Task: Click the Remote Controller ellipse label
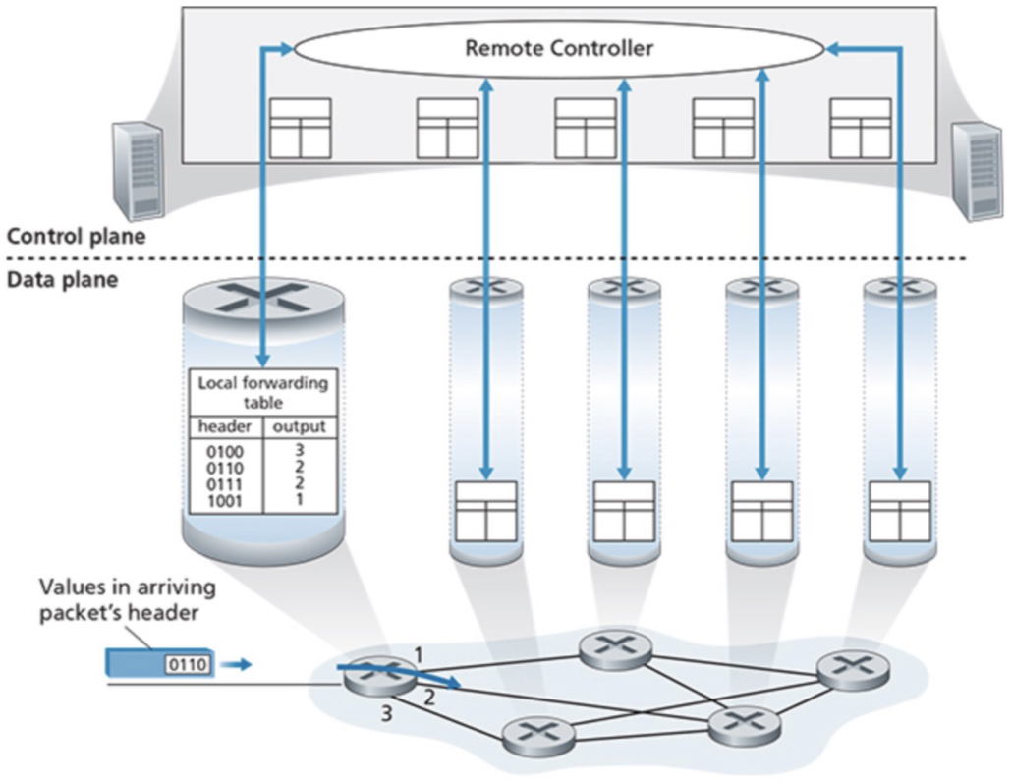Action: click(558, 47)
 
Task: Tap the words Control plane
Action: click(77, 236)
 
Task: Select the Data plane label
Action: click(62, 279)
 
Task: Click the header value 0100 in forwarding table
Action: click(219, 452)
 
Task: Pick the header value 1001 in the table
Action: click(219, 500)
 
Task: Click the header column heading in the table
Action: click(224, 427)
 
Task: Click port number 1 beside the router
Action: click(418, 652)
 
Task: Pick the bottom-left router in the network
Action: click(536, 733)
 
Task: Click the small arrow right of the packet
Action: click(236, 665)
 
